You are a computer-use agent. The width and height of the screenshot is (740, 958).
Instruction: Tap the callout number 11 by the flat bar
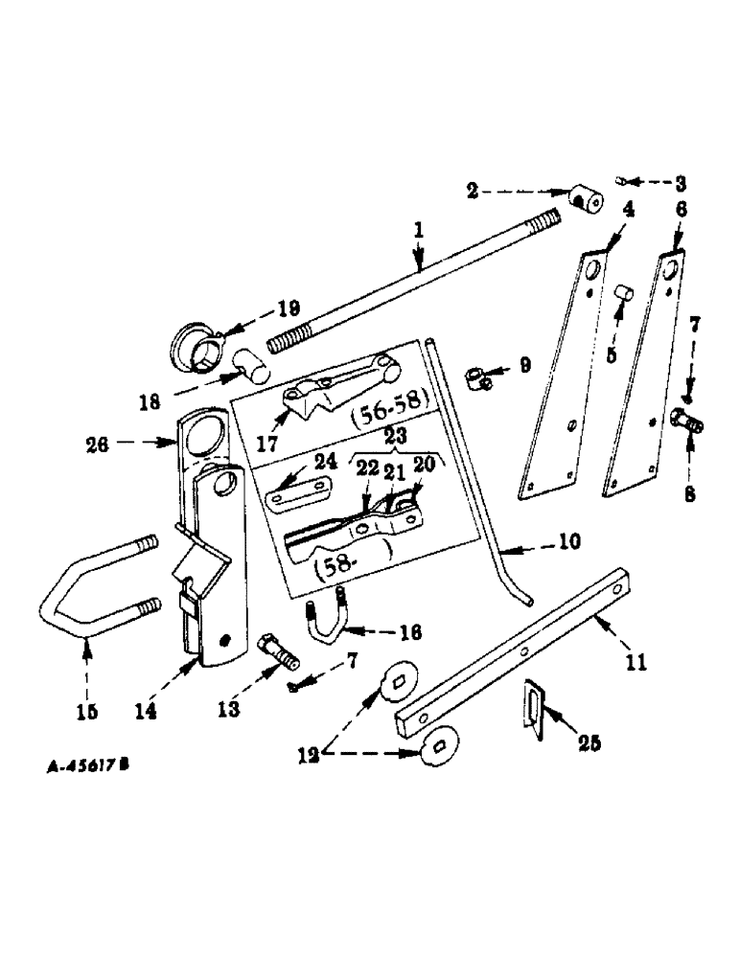point(636,661)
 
